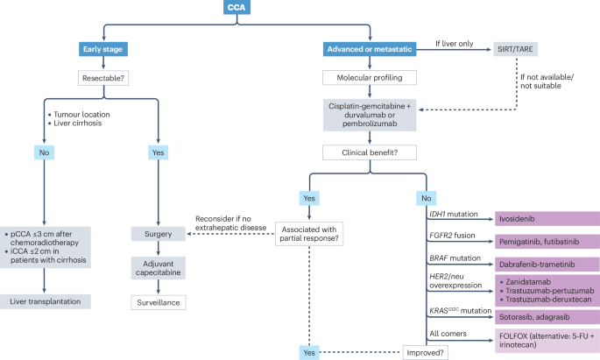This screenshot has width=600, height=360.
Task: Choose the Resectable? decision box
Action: coord(104,78)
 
